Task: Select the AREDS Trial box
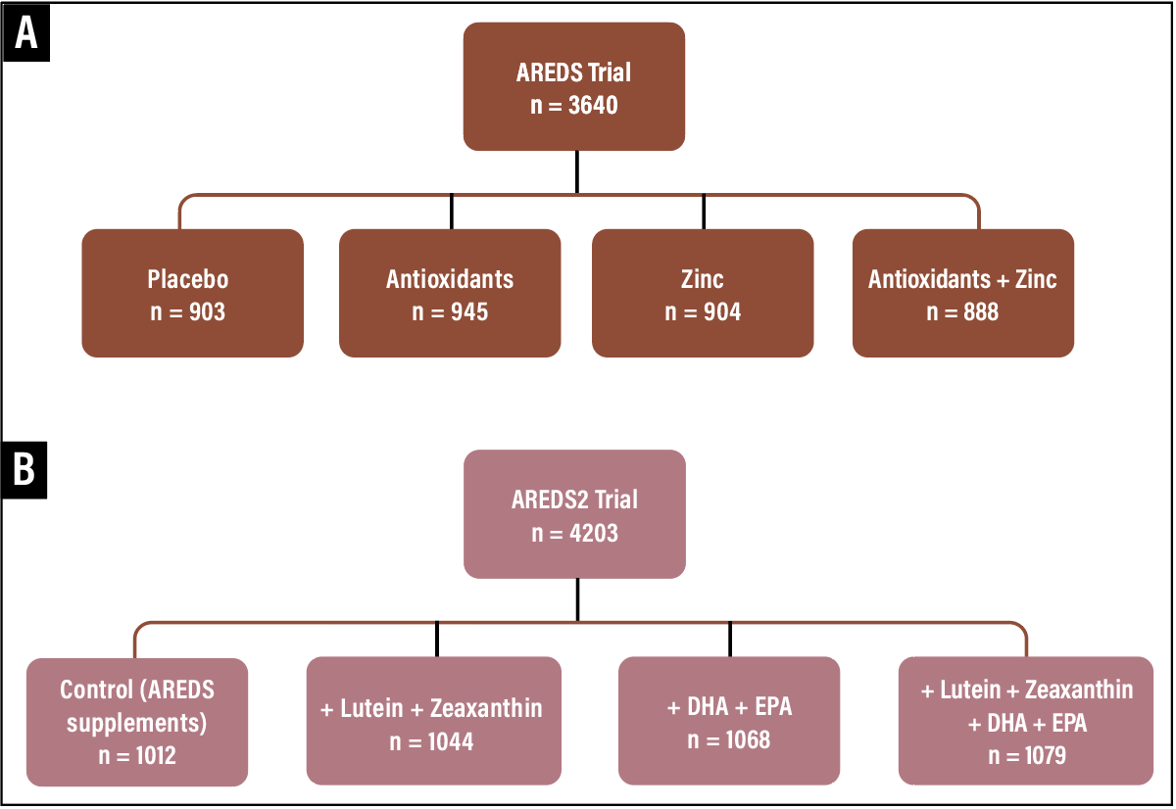[574, 86]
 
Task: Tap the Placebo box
[192, 293]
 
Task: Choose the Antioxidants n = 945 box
[450, 293]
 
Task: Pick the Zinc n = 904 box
[703, 293]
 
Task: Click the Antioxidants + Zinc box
[962, 293]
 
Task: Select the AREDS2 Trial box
[574, 514]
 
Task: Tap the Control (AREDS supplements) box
[137, 721]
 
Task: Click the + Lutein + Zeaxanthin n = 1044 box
[433, 721]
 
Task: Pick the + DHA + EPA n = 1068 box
[729, 721]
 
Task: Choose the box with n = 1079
[1026, 721]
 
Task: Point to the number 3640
[593, 105]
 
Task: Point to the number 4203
[593, 534]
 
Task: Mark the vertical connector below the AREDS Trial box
[576, 172]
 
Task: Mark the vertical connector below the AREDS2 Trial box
[576, 599]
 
